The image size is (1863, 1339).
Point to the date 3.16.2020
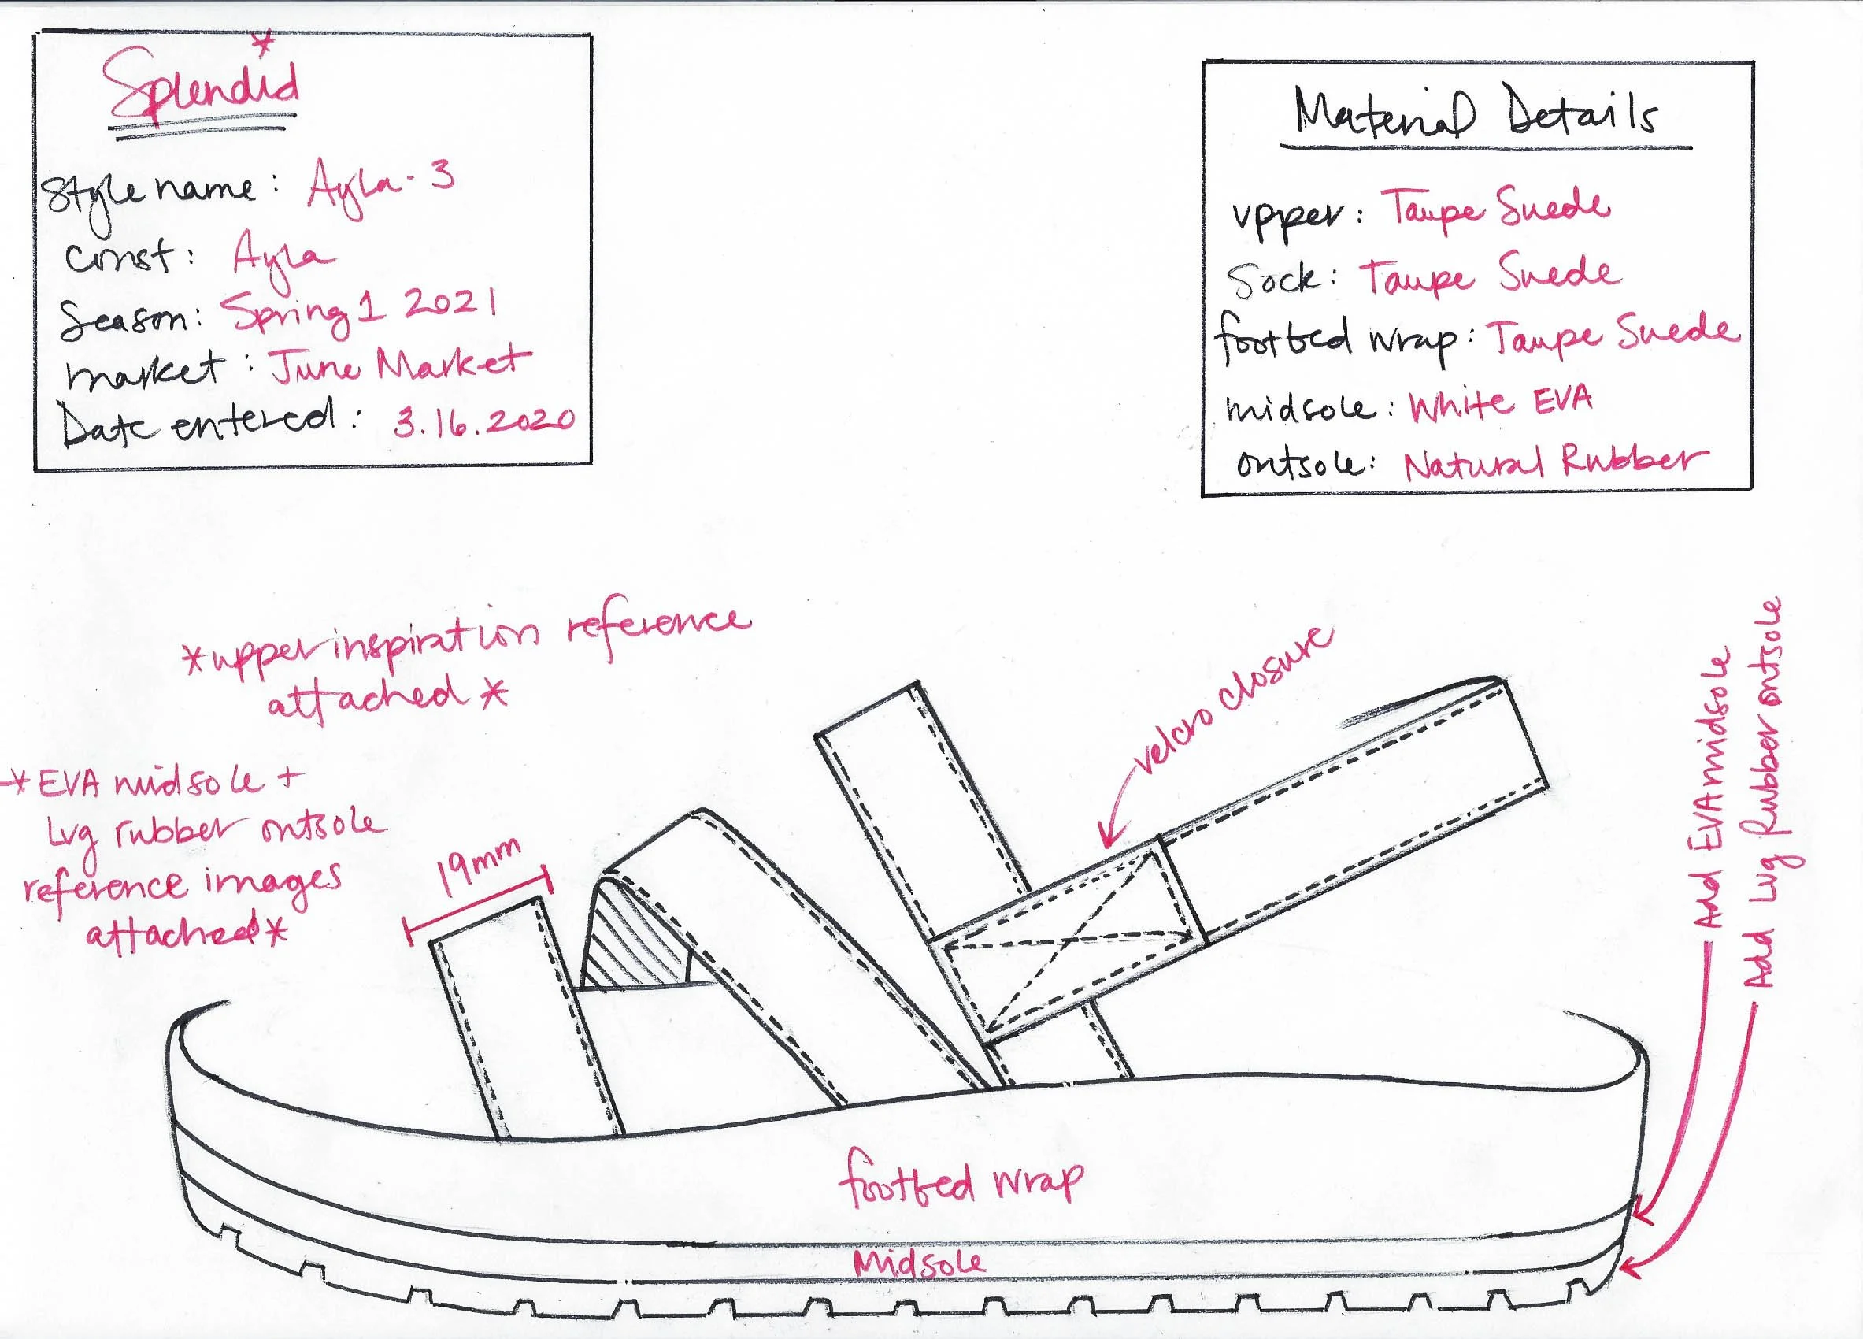tap(483, 421)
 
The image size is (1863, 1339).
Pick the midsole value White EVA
tap(1501, 403)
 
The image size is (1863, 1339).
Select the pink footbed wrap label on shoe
tap(959, 1184)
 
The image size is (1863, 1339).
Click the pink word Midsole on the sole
tap(919, 1263)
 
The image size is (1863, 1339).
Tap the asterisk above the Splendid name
tap(263, 43)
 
